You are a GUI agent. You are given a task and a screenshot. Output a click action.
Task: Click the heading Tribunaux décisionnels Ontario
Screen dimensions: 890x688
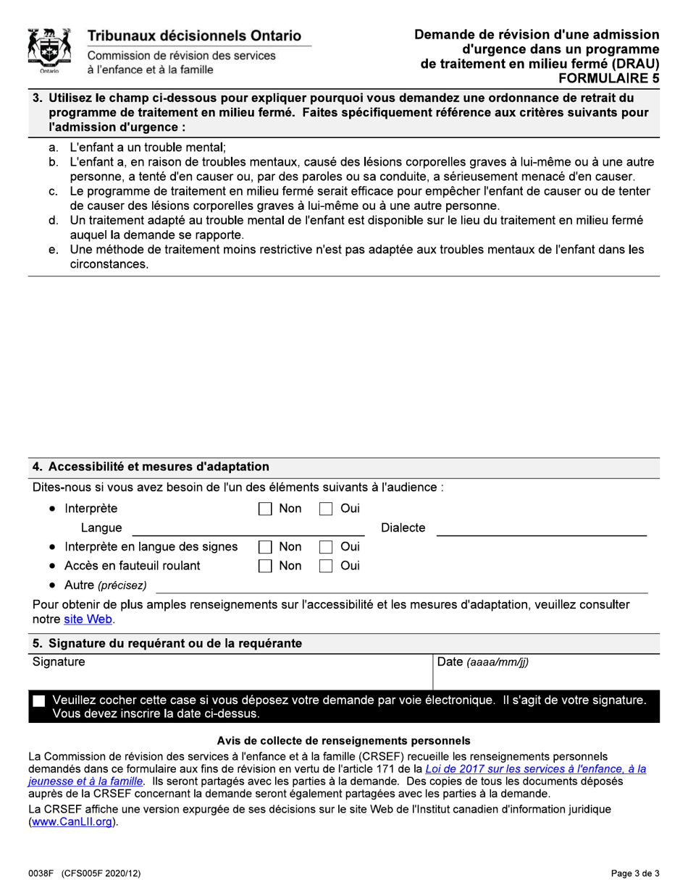coord(195,35)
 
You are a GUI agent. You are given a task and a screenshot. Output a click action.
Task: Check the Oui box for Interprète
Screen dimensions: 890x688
coord(327,509)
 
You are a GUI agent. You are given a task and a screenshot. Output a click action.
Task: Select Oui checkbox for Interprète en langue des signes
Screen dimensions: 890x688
coord(327,547)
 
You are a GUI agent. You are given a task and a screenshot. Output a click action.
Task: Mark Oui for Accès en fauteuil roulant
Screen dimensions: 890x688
coord(327,566)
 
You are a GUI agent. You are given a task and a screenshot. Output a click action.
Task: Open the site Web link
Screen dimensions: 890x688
coord(93,619)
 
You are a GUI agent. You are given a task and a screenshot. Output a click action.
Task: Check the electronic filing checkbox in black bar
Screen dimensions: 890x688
coord(39,701)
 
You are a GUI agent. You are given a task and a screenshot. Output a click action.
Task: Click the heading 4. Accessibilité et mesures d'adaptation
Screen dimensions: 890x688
coord(151,467)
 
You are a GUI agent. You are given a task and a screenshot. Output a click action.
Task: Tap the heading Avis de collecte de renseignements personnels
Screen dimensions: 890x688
coord(343,740)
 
